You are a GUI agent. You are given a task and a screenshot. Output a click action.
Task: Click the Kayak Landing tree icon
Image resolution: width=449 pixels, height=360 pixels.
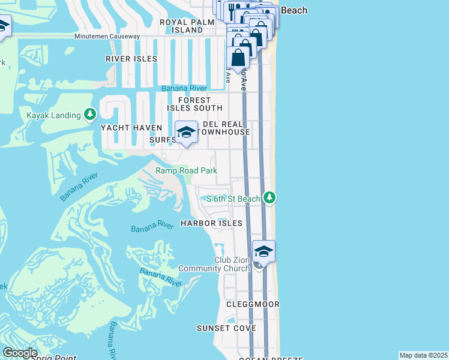pyautogui.click(x=89, y=114)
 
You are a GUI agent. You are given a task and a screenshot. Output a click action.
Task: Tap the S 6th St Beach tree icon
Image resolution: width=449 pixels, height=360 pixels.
pyautogui.click(x=270, y=197)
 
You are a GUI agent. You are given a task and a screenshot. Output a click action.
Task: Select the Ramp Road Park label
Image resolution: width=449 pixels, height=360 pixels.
pyautogui.click(x=186, y=171)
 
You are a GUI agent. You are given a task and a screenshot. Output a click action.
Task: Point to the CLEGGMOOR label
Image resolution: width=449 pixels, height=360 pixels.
pyautogui.click(x=253, y=304)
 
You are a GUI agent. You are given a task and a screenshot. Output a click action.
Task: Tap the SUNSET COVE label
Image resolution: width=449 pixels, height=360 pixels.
pyautogui.click(x=226, y=328)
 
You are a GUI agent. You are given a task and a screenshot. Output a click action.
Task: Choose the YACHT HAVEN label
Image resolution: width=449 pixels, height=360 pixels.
pyautogui.click(x=131, y=128)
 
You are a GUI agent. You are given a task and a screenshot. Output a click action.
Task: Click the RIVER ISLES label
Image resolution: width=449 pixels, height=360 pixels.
pyautogui.click(x=131, y=59)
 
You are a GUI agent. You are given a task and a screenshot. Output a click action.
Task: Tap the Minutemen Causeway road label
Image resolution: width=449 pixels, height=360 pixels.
pyautogui.click(x=107, y=37)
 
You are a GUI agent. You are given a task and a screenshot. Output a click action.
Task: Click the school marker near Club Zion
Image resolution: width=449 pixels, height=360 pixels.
pyautogui.click(x=264, y=251)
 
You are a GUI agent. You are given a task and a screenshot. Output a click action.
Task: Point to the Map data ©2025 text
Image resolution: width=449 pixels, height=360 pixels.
pyautogui.click(x=423, y=355)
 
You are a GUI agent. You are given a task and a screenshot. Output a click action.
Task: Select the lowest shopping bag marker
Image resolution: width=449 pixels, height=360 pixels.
pyautogui.click(x=238, y=59)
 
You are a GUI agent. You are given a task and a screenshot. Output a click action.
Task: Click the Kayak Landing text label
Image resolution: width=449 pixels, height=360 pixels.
pyautogui.click(x=53, y=115)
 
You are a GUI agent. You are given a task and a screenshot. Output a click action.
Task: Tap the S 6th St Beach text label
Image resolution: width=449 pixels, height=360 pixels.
pyautogui.click(x=234, y=199)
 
